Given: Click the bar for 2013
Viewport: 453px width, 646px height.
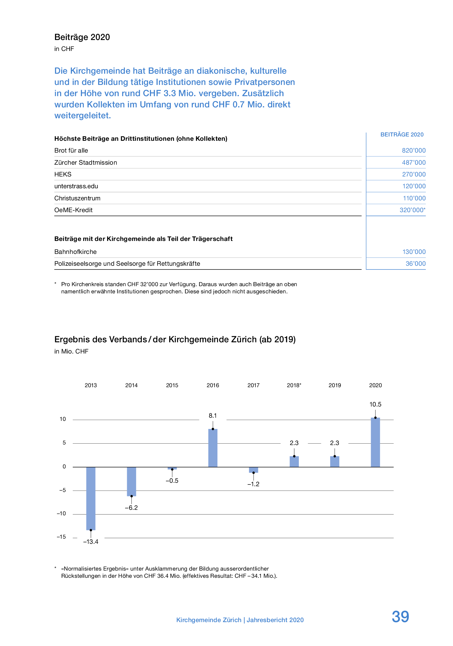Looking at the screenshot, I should pos(91,498).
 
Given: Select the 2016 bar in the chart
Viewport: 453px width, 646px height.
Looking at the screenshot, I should pos(213,448).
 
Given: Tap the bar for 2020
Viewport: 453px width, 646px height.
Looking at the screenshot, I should pos(375,442).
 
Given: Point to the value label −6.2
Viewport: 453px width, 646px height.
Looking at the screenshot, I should pos(131,508).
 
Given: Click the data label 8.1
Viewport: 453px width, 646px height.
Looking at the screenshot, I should pos(213,415).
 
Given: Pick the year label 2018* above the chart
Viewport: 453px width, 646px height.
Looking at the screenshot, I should pos(294,385).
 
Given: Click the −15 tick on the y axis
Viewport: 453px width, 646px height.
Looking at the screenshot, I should pos(61,537).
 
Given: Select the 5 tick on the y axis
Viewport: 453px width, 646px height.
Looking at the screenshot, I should pos(64,443).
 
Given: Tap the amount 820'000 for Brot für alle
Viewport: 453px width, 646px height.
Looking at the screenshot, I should pos(414,150).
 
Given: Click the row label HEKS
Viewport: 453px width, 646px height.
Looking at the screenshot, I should pos(63,174).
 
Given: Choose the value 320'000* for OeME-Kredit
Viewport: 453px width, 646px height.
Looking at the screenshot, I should pos(412,210).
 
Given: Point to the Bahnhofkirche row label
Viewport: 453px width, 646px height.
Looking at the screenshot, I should pos(75,252).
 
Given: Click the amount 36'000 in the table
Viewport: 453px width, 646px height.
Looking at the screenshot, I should pos(416,263).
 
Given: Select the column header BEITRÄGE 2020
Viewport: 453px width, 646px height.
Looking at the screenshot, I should pos(402,134).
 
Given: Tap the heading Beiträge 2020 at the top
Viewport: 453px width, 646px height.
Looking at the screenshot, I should pos(82,37).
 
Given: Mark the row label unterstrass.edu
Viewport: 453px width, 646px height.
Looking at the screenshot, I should pos(76,186).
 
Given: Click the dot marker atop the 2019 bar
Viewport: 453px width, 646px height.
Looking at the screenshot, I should pos(335,456).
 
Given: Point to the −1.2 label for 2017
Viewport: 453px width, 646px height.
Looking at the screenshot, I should pos(253,484).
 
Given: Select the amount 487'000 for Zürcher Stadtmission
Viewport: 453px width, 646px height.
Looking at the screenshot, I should pos(414,162).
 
